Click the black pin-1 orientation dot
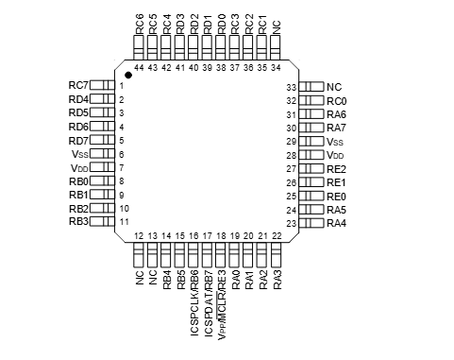128,75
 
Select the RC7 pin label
78,85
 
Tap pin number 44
139,68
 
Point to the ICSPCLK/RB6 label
194,302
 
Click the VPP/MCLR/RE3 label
222,305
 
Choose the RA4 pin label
336,223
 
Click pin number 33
292,87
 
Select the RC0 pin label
337,101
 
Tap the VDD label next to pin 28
335,155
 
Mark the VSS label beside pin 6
80,154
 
